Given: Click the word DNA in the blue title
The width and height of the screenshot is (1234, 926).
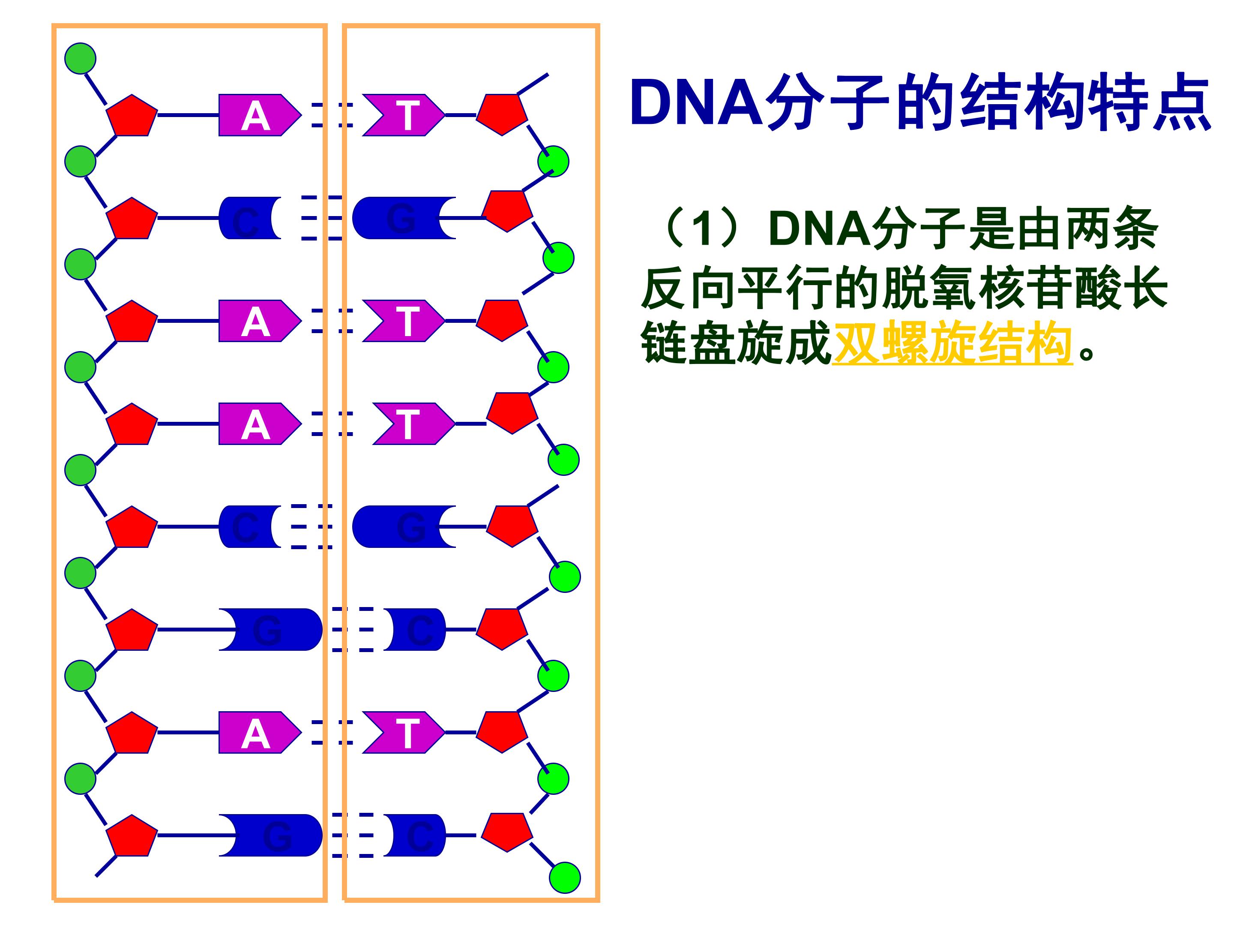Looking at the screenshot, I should [x=696, y=104].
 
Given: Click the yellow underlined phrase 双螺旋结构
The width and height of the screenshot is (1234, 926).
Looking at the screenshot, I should [x=952, y=342].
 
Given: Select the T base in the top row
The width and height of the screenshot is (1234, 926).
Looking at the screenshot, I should [x=404, y=116].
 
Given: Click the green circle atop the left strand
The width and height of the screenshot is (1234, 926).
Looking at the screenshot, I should [x=80, y=58].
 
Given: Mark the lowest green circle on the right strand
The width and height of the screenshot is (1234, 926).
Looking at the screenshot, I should [x=565, y=878].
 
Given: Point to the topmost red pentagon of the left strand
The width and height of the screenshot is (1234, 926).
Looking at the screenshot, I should [x=132, y=116].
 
